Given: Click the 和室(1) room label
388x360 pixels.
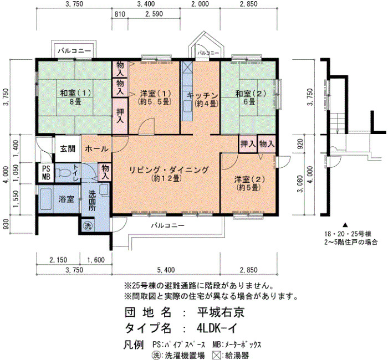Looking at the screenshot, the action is click(75, 94).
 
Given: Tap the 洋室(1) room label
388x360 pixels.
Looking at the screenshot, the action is click(155, 94).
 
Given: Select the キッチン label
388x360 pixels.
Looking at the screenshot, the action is click(202, 96).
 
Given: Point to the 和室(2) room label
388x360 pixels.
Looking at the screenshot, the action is click(251, 94).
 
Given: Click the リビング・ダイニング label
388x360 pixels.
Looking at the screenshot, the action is click(169, 170).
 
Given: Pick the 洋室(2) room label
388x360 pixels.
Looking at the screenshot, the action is click(249, 179).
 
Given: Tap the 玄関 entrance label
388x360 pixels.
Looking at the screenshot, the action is click(68, 149).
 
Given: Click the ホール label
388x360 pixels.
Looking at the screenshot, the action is click(96, 149).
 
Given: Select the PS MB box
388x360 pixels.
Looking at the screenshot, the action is click(46, 173).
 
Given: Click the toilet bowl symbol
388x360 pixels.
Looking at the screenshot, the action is click(63, 173).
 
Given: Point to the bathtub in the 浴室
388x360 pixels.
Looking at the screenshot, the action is click(46, 199).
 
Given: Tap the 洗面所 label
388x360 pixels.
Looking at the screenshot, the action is click(92, 200).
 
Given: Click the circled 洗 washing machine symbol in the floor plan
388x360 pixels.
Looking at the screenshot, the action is click(88, 225).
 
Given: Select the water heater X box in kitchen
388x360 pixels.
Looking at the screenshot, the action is click(187, 67).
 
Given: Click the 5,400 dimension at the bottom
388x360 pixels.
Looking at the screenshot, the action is click(166, 270).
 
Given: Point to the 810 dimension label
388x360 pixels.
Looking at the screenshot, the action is click(120, 14).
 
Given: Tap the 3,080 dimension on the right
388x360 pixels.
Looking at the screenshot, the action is click(300, 184).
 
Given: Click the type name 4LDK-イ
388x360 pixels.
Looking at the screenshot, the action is click(217, 328).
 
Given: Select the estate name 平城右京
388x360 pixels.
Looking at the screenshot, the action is click(221, 312).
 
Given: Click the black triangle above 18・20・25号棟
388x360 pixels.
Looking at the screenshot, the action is click(345, 225).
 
